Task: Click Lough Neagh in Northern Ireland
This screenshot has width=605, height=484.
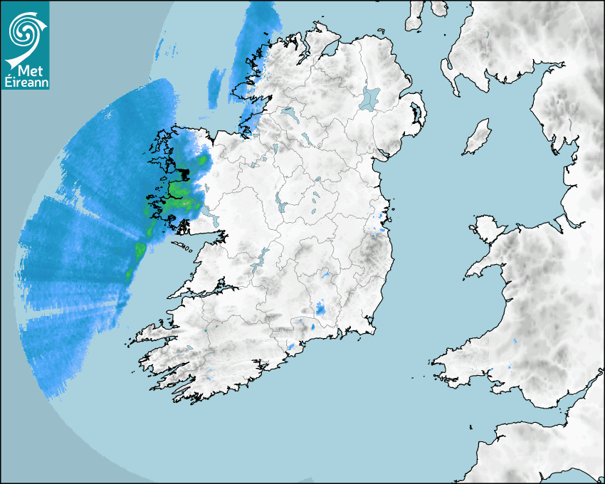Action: click(x=370, y=98)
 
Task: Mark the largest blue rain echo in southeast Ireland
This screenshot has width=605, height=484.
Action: click(x=321, y=309)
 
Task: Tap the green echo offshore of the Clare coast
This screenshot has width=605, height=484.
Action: click(x=140, y=249)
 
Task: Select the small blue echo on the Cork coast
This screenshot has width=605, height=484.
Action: click(x=291, y=347)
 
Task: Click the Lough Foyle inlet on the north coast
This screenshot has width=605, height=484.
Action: click(x=331, y=50)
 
